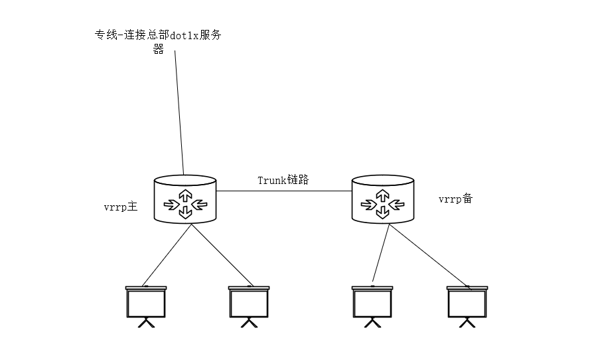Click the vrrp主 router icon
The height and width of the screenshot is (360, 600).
(x=185, y=199)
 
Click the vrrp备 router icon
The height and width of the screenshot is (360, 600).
(x=383, y=199)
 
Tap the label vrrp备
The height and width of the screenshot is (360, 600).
(x=455, y=199)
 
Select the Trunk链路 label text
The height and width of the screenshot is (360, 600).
(x=283, y=180)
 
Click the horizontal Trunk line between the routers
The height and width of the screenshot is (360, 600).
(x=284, y=191)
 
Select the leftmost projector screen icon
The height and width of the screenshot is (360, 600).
(x=146, y=303)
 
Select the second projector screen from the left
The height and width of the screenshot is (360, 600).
(x=249, y=303)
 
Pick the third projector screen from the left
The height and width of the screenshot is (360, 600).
(x=372, y=303)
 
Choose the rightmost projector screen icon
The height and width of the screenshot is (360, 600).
(x=467, y=303)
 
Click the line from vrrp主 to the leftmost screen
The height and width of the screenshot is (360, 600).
(x=167, y=254)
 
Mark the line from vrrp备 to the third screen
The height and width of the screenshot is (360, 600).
(x=380, y=252)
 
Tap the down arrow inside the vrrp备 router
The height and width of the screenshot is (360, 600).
(x=383, y=211)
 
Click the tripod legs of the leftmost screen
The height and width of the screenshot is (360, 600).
(x=146, y=323)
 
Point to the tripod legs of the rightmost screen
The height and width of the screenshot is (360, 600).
(x=467, y=323)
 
